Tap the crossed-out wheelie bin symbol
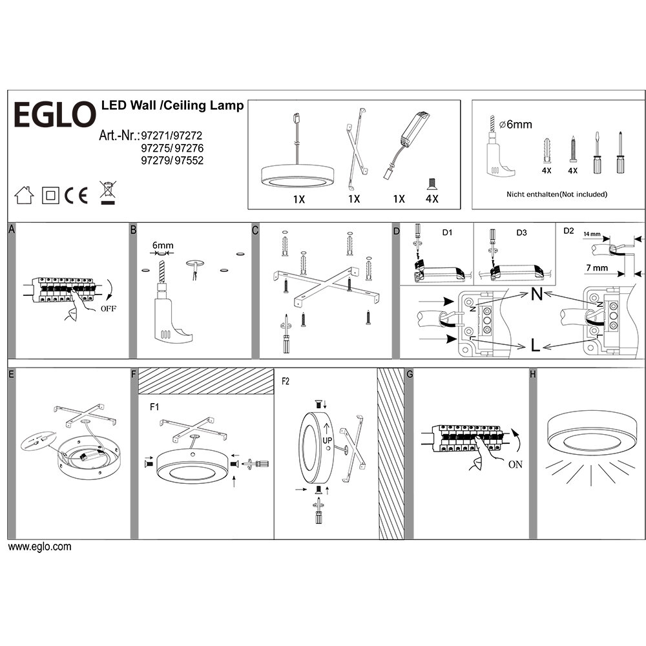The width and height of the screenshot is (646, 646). pyautogui.click(x=107, y=193)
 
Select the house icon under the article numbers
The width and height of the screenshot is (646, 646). pyautogui.click(x=23, y=194)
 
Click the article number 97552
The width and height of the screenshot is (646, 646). pyautogui.click(x=190, y=161)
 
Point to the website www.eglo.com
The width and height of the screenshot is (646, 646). pyautogui.click(x=39, y=547)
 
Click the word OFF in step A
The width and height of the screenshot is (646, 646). pyautogui.click(x=109, y=309)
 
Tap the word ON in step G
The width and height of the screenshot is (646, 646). pyautogui.click(x=516, y=463)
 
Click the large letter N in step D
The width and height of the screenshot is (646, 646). pyautogui.click(x=536, y=295)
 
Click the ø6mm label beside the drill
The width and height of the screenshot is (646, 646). pyautogui.click(x=519, y=124)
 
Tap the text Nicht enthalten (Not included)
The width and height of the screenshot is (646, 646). pyautogui.click(x=557, y=194)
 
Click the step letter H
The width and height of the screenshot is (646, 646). pyautogui.click(x=532, y=374)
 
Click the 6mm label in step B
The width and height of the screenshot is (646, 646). pyautogui.click(x=163, y=245)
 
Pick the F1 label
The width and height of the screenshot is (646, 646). pyautogui.click(x=154, y=408)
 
